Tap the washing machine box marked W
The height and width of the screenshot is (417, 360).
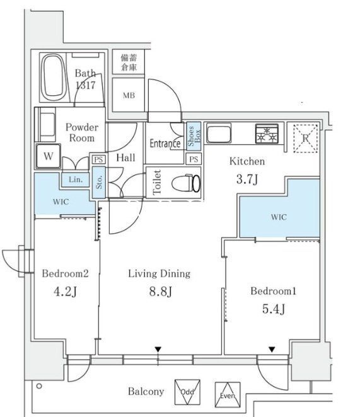pyautogui.click(x=49, y=156)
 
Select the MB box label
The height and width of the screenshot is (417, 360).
pyautogui.click(x=128, y=96)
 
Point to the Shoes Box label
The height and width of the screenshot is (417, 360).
pyautogui.click(x=193, y=137)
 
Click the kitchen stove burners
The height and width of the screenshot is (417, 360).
pyautogui.click(x=268, y=134)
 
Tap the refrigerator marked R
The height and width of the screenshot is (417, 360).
pyautogui.click(x=306, y=137)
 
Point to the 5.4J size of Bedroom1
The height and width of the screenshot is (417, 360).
pyautogui.click(x=273, y=309)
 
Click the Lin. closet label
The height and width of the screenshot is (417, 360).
pyautogui.click(x=74, y=180)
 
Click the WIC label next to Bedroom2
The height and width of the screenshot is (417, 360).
pyautogui.click(x=61, y=202)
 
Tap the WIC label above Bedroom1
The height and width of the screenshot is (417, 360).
pyautogui.click(x=279, y=217)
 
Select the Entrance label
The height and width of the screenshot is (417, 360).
pyautogui.click(x=165, y=144)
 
